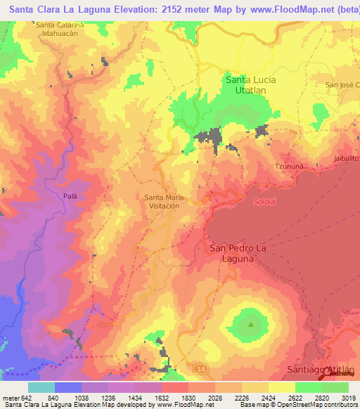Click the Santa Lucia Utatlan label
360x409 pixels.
(x=250, y=86)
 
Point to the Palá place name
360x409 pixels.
(x=70, y=196)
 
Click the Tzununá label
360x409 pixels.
(x=288, y=166)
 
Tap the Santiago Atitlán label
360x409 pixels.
(x=323, y=370)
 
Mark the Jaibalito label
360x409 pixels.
(x=347, y=160)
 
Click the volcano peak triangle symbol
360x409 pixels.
(x=251, y=324)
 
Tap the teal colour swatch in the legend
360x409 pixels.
(x=41, y=387)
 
